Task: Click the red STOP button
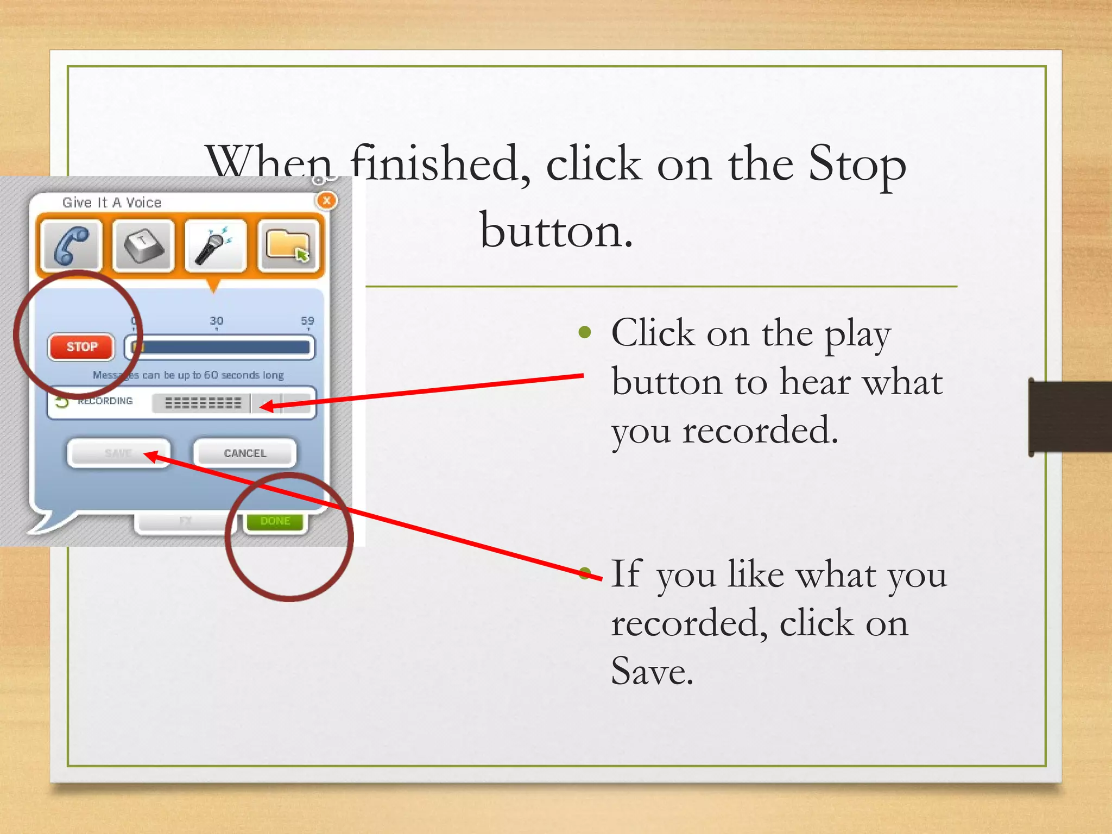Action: [81, 347]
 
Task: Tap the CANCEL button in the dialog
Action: [245, 453]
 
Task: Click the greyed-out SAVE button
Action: [118, 453]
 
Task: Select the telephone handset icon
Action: [71, 245]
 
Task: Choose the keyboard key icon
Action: [143, 245]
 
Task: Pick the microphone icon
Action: [216, 245]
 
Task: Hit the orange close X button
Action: [326, 200]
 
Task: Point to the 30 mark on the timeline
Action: [216, 321]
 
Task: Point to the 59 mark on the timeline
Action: [307, 321]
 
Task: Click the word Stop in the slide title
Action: [857, 164]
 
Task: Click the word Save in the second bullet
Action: [652, 671]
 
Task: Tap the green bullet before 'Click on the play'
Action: [585, 332]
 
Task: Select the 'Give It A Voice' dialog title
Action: [112, 203]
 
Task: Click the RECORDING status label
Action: [105, 401]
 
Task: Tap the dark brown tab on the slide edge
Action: [1070, 417]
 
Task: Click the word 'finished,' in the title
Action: [440, 164]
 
